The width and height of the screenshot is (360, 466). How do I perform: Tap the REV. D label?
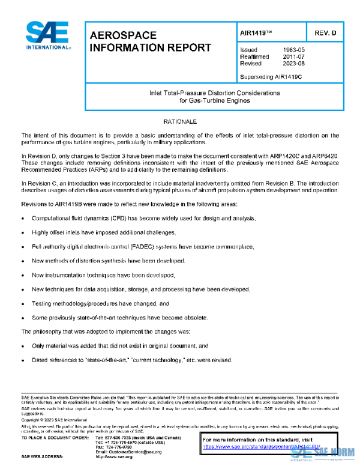(x=325, y=32)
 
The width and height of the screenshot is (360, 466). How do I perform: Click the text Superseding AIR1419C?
(x=271, y=77)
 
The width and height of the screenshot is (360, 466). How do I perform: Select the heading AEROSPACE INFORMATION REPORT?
(x=149, y=42)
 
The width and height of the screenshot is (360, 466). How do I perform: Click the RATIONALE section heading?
(x=180, y=122)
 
